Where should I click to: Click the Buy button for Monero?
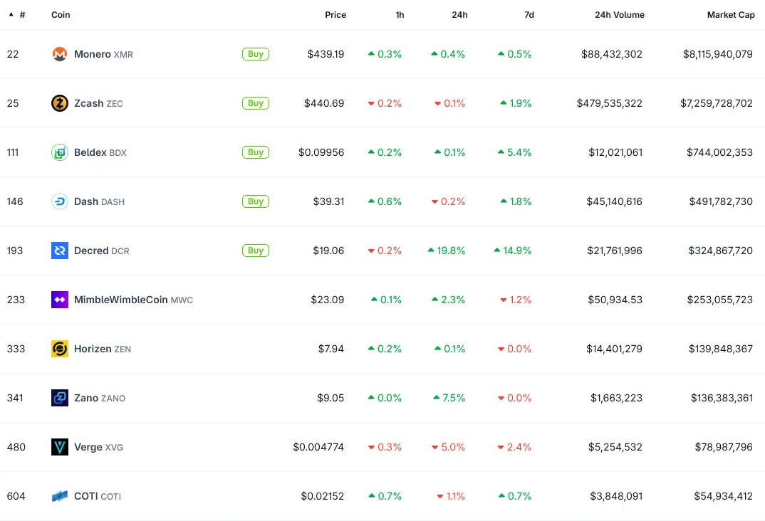(256, 54)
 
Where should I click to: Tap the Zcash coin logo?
(60, 103)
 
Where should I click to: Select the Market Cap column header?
(730, 15)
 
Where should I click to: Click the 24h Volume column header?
(619, 15)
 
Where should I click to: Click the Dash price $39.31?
(328, 201)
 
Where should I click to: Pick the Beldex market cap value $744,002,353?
(719, 152)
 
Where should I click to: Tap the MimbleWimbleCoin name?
(121, 300)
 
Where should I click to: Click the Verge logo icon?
(60, 447)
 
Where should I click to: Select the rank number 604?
(16, 496)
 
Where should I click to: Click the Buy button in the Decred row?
(256, 251)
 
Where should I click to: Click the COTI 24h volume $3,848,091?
(616, 496)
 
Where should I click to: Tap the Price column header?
(335, 15)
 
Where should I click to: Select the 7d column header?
(529, 15)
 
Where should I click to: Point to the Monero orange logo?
(60, 54)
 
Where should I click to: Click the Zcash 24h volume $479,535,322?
(609, 103)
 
